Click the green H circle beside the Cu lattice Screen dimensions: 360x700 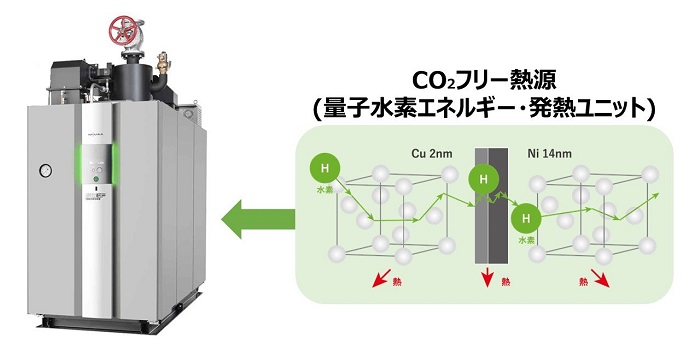tap(322, 163)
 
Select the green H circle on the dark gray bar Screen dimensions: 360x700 tap(483, 181)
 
